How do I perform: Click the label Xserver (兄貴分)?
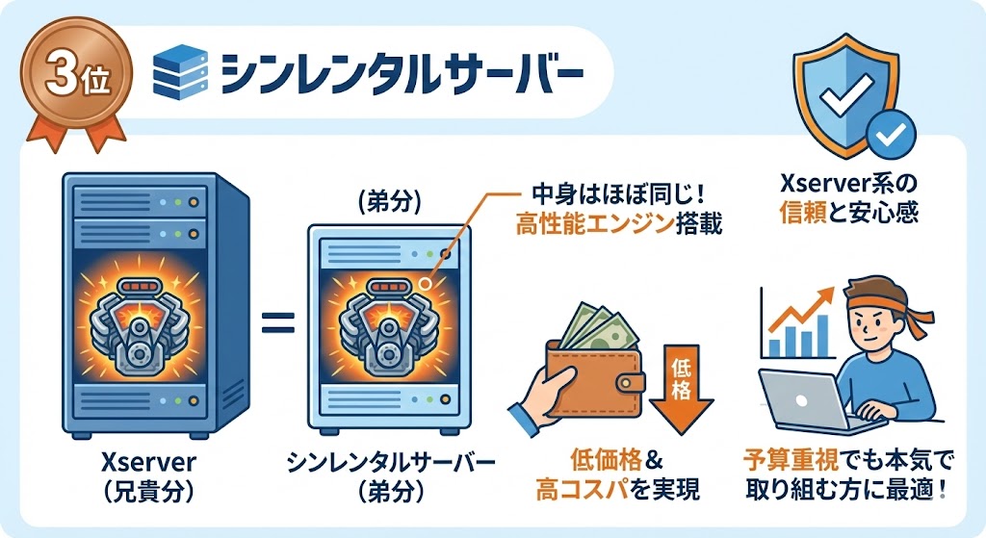[135, 476]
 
